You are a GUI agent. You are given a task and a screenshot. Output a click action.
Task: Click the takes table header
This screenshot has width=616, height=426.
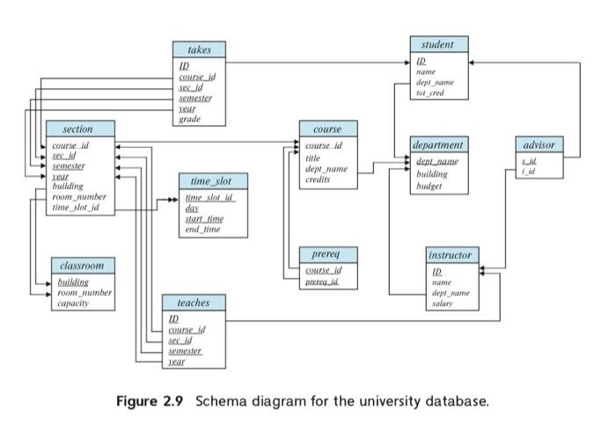click(x=200, y=50)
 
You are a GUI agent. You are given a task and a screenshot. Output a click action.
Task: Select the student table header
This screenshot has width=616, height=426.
click(x=437, y=44)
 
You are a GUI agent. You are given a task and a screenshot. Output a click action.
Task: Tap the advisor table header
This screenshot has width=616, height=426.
click(x=538, y=143)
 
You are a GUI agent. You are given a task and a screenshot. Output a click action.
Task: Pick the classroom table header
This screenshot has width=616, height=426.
click(x=82, y=265)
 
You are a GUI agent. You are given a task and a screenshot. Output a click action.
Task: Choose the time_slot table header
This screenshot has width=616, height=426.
click(x=212, y=180)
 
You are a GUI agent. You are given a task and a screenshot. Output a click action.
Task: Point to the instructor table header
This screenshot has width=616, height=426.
click(x=450, y=254)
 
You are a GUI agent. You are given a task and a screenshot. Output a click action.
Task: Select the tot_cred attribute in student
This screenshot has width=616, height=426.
click(x=432, y=92)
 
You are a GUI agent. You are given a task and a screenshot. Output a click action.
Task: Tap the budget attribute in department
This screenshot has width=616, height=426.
click(x=429, y=187)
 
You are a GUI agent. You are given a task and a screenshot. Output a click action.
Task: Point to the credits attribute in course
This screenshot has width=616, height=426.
click(x=317, y=179)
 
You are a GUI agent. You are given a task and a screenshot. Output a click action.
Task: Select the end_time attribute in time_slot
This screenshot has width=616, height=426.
click(x=203, y=229)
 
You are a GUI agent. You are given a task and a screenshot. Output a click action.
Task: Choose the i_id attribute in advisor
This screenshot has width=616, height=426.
click(x=529, y=171)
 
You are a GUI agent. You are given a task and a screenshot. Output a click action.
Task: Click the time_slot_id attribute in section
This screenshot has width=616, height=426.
click(x=76, y=208)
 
